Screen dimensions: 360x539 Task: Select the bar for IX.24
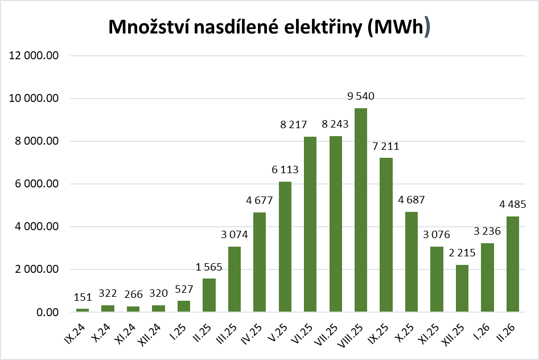(x=83, y=310)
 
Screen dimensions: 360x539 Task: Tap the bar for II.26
(x=512, y=264)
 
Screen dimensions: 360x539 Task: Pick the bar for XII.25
(x=462, y=288)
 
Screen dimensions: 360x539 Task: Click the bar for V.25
(x=285, y=247)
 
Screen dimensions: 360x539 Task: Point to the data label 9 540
(x=360, y=96)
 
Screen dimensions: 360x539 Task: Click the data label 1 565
(x=209, y=267)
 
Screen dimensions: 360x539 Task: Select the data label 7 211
(x=385, y=146)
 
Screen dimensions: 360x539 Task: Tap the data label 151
(x=83, y=297)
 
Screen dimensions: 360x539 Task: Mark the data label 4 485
(x=512, y=204)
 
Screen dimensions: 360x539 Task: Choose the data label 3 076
(x=437, y=235)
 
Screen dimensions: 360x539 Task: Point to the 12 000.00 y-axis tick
(x=35, y=56)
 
